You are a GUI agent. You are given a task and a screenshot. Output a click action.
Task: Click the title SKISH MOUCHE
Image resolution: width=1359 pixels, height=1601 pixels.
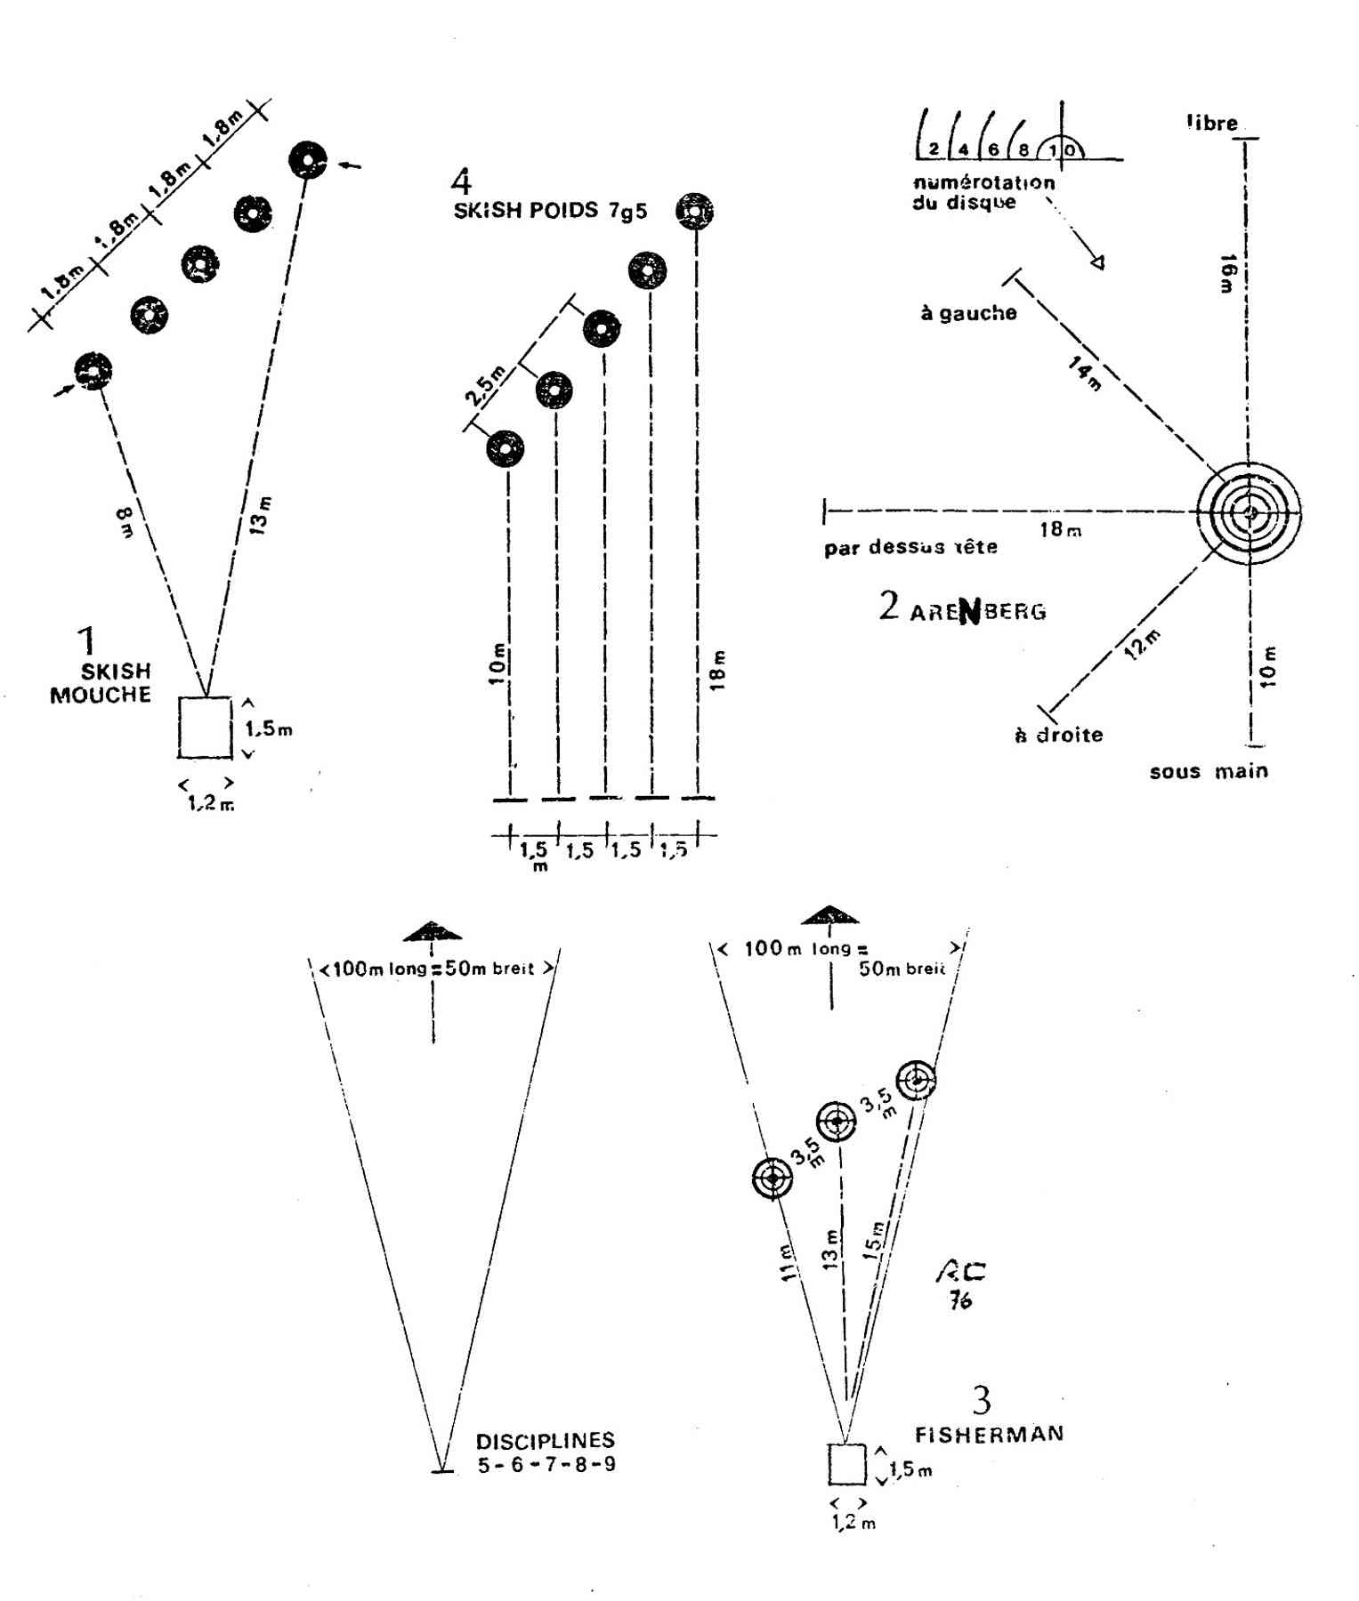[101, 682]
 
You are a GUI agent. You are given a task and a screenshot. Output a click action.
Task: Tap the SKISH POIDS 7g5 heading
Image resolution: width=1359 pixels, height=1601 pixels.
[550, 212]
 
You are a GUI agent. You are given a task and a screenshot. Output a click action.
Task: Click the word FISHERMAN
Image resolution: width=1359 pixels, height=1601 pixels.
[989, 1434]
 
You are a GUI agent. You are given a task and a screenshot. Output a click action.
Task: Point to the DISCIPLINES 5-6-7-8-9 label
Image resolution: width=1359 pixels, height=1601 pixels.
[546, 1452]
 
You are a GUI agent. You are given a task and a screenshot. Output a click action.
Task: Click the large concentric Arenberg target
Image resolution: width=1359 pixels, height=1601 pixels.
[1249, 512]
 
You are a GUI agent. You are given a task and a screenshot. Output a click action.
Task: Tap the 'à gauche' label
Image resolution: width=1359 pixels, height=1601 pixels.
[968, 313]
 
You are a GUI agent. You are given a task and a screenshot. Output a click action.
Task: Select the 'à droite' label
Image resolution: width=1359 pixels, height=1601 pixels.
[1058, 735]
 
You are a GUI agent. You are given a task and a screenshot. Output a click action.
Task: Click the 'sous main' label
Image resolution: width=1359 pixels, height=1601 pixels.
[1208, 771]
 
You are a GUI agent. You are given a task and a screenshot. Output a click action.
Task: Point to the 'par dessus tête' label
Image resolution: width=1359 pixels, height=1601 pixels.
[910, 547]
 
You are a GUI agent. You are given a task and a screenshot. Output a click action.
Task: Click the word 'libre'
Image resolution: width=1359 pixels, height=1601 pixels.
[1212, 123]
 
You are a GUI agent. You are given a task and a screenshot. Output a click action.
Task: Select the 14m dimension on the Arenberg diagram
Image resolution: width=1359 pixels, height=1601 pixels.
[1084, 373]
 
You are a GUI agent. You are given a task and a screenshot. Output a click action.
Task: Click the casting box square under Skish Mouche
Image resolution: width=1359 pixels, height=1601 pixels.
[205, 727]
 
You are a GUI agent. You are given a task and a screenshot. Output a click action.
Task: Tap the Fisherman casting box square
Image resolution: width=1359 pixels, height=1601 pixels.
[846, 1464]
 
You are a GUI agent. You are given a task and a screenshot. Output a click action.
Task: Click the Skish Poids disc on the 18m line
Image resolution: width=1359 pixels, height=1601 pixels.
[694, 212]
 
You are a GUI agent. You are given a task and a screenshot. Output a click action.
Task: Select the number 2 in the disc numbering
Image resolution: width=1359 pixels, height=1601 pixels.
[934, 149]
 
